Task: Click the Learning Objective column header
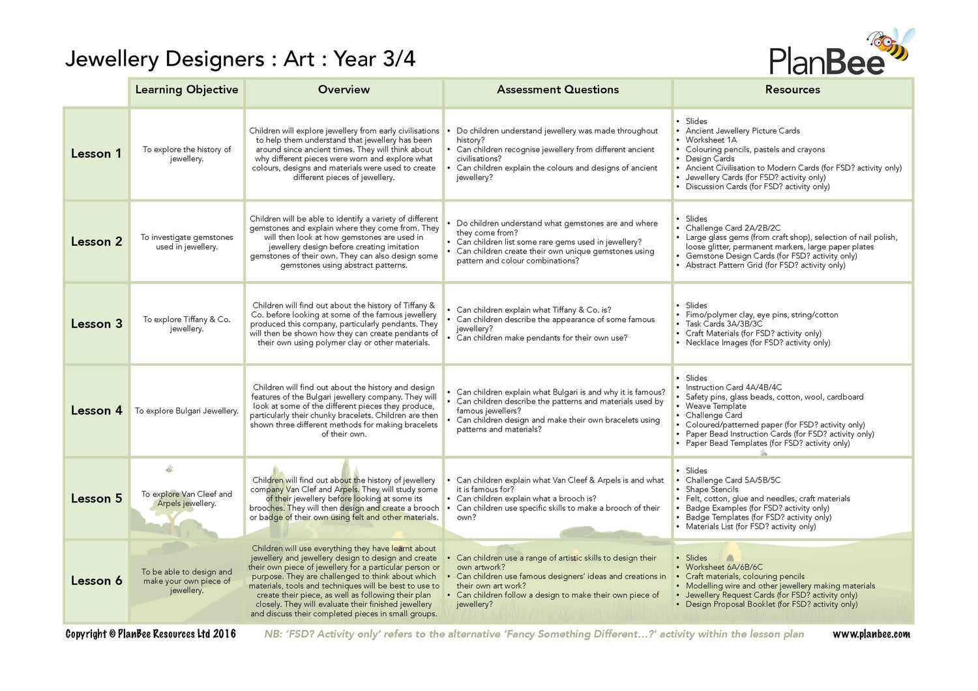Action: tap(186, 90)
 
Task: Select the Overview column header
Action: tap(344, 90)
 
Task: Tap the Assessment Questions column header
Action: tap(557, 90)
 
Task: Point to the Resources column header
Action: tap(792, 90)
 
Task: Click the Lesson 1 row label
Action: tap(96, 154)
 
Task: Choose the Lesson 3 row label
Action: tap(96, 324)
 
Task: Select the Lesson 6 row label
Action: tap(96, 581)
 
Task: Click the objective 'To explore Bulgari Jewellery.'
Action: tap(186, 411)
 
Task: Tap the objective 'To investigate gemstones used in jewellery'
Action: tap(186, 242)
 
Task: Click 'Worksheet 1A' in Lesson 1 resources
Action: tap(711, 140)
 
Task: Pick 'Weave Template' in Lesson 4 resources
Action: tap(715, 406)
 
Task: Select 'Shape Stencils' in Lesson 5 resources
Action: tap(711, 490)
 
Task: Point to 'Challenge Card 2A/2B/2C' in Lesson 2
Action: tap(733, 228)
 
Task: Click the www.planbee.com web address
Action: tap(871, 634)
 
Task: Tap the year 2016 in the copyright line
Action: tap(224, 634)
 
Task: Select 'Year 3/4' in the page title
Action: tap(374, 59)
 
